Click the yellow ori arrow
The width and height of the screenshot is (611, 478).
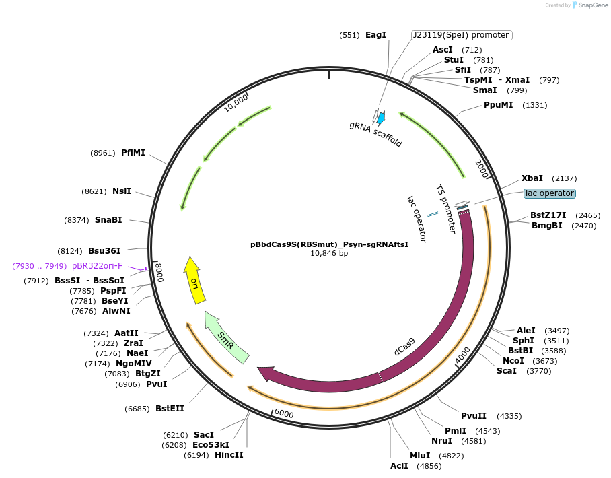coord(194,281)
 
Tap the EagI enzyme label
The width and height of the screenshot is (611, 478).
coord(375,34)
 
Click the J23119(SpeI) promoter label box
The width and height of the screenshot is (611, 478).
coord(462,35)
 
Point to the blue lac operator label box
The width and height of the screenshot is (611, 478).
coord(550,193)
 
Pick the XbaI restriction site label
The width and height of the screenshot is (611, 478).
coord(532,178)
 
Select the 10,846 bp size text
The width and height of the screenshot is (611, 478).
coord(329,254)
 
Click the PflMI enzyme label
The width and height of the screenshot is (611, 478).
coord(133,153)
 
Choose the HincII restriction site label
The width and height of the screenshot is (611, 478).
coord(229,455)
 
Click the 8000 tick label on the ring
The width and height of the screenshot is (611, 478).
coord(159,273)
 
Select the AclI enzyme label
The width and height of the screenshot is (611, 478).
coord(399,465)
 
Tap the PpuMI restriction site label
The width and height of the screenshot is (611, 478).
coord(499,105)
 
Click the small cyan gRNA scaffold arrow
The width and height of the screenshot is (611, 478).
coord(381,118)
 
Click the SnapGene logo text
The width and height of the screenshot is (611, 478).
coord(589,5)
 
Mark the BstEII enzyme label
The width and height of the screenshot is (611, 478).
coord(170,408)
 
